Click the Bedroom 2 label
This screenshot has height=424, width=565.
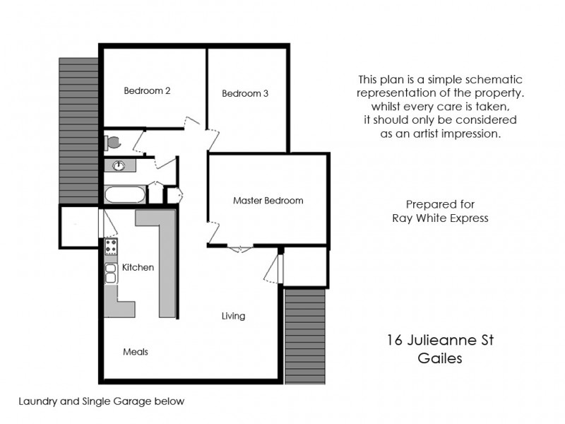tap(147, 90)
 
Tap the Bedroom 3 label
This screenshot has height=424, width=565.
tap(244, 93)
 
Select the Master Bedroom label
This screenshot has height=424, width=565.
tap(268, 201)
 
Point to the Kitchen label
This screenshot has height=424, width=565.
tap(138, 268)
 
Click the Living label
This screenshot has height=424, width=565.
tap(233, 316)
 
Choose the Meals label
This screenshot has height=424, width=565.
tap(136, 351)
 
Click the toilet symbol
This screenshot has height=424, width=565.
tap(111, 142)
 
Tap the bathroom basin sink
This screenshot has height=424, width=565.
tap(119, 166)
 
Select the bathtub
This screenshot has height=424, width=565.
tap(125, 194)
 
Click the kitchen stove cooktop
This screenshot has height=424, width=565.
tap(111, 247)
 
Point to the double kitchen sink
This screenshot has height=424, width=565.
tap(111, 273)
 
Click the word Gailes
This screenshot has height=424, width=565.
tap(441, 358)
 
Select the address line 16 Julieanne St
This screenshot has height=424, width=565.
tap(441, 341)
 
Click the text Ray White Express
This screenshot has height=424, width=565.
tap(440, 218)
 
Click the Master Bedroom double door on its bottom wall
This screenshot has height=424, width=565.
tap(240, 247)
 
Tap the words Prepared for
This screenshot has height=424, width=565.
tap(440, 204)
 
